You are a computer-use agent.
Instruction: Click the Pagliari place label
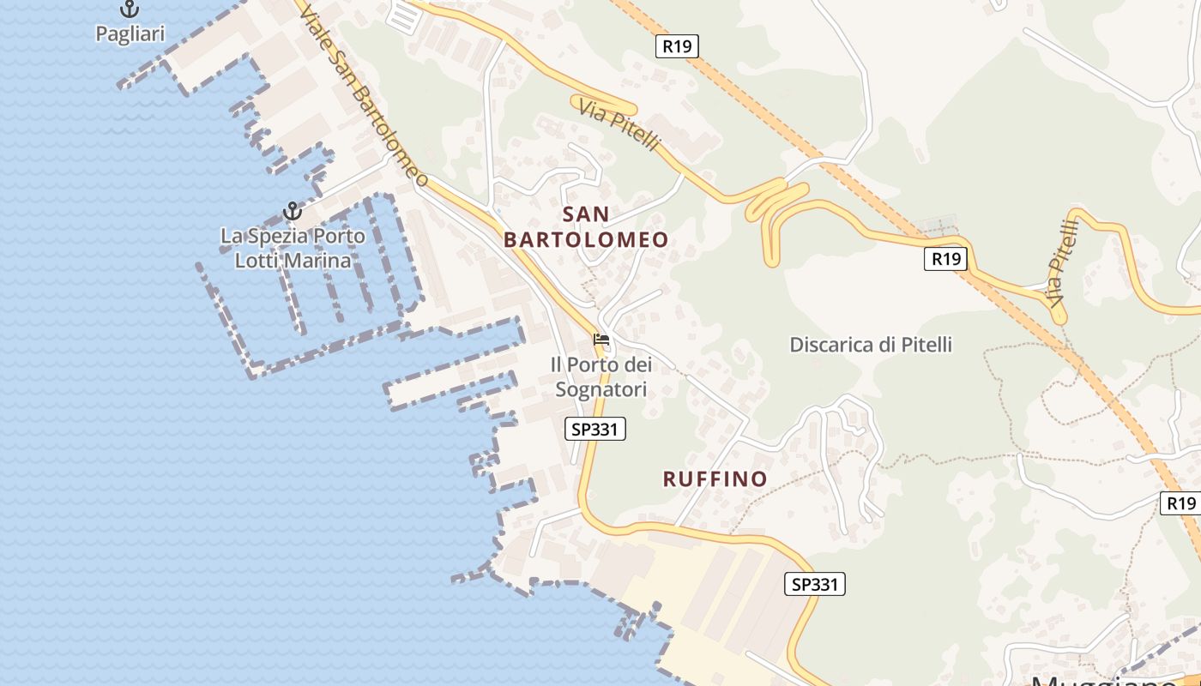[x=130, y=34]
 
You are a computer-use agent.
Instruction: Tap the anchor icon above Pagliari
[x=130, y=9]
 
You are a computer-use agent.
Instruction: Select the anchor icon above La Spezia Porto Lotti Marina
[x=293, y=210]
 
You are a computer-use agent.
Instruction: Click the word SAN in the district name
[x=587, y=214]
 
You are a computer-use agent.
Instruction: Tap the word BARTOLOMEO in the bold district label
[x=586, y=240]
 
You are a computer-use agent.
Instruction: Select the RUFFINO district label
[x=715, y=478]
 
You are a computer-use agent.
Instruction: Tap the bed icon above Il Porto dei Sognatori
[x=601, y=340]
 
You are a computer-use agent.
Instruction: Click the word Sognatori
[x=601, y=389]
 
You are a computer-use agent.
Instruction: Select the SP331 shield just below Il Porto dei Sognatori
[x=595, y=430]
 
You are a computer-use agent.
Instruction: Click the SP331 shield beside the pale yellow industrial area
[x=815, y=585]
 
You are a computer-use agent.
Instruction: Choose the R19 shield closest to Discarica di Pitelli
[x=945, y=259]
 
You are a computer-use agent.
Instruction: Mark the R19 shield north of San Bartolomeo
[x=677, y=46]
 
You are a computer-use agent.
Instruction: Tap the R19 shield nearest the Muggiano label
[x=1181, y=503]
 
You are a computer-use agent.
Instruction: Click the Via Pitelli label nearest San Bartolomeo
[x=619, y=125]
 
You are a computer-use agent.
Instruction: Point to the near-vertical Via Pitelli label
[x=1062, y=265]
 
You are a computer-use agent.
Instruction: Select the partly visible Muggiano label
[x=1107, y=679]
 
